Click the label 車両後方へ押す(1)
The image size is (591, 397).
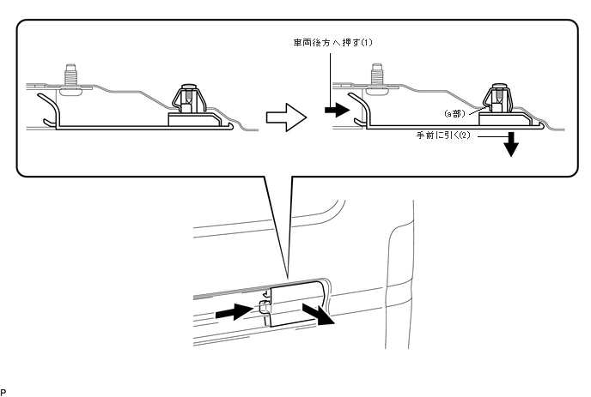tap(338, 41)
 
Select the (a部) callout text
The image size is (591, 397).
tap(454, 112)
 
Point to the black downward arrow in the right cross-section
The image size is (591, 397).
tap(512, 145)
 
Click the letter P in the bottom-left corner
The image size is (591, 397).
tap(3, 391)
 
